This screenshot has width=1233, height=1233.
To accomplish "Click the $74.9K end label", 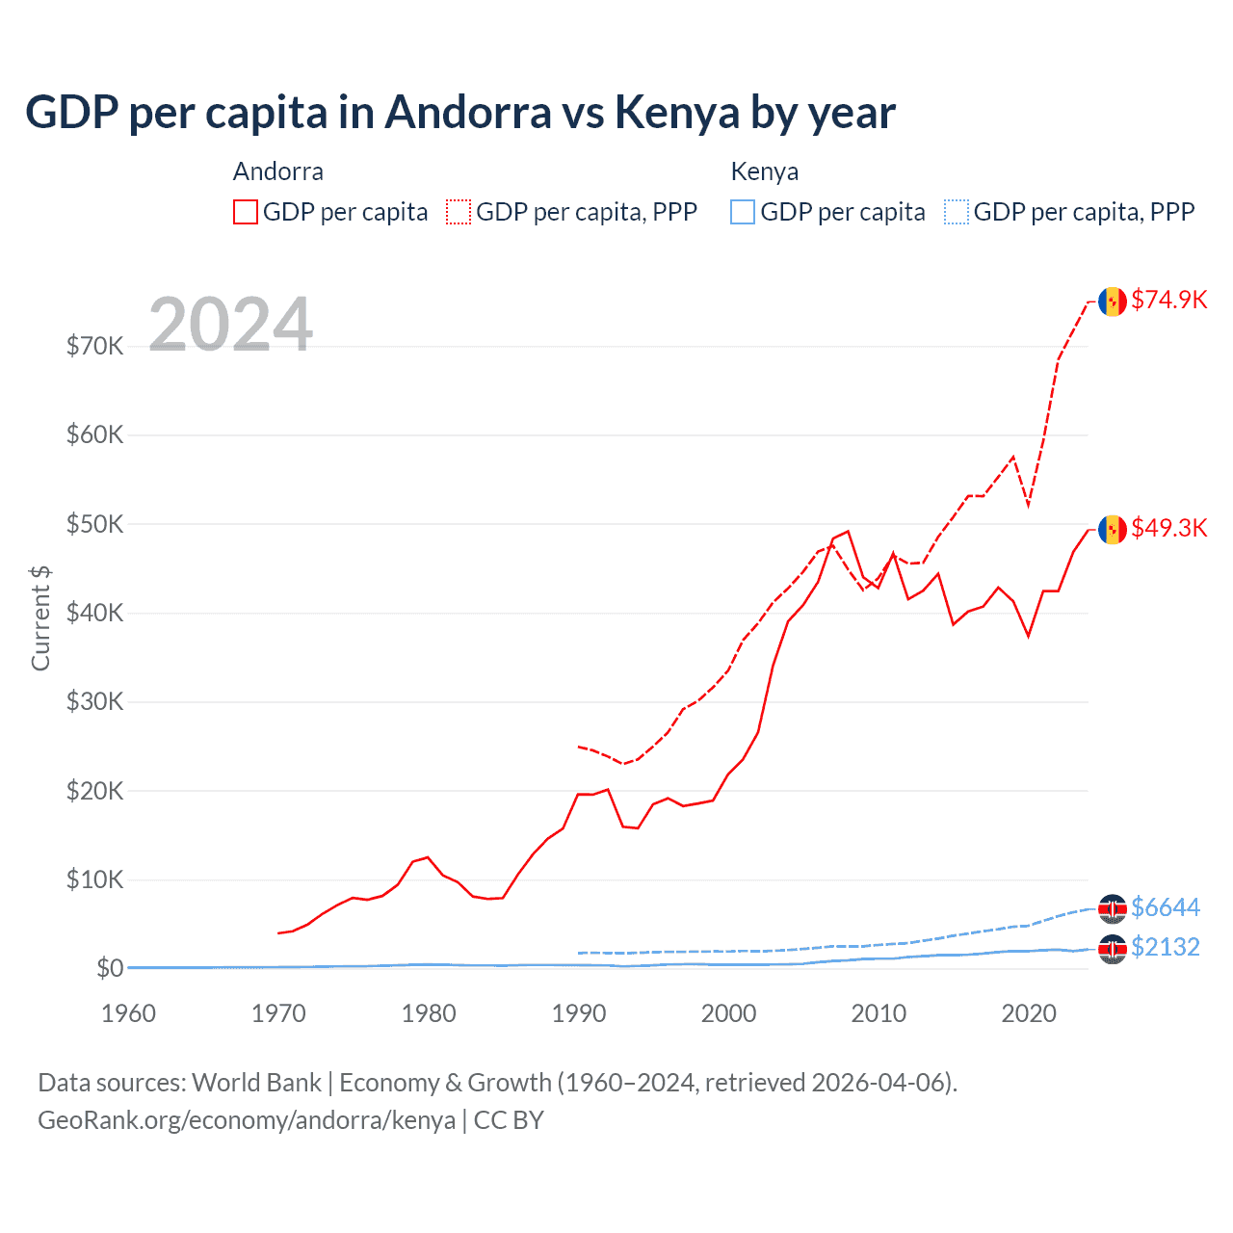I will [1168, 300].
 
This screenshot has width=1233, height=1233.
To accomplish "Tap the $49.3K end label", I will [1168, 528].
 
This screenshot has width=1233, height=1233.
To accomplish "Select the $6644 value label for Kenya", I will [1165, 907].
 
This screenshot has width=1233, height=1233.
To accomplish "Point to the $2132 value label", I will [1165, 947].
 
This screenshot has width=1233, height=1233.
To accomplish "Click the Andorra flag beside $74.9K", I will [1113, 302].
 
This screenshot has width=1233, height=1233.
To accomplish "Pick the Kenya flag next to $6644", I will [1113, 908].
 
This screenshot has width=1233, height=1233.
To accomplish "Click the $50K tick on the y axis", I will [94, 524].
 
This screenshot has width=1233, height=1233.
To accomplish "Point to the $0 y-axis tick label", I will [110, 968].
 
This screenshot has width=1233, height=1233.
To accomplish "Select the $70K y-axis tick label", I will [94, 346].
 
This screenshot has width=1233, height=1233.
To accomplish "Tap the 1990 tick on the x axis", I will [579, 1013].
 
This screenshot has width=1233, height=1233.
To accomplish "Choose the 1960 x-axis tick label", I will [128, 1013].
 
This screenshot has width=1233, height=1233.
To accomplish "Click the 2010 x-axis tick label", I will [879, 1013].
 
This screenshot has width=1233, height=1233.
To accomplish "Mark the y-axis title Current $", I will [40, 618].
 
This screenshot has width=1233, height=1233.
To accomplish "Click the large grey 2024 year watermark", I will [230, 325].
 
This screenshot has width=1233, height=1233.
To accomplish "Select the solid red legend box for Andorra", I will [246, 212].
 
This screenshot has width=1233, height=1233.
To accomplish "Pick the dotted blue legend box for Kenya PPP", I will [957, 212].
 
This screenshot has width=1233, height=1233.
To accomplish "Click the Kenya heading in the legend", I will [764, 171].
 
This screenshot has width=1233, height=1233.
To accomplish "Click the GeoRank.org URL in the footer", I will [247, 1120].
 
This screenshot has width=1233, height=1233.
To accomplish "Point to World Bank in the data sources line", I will [256, 1083].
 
